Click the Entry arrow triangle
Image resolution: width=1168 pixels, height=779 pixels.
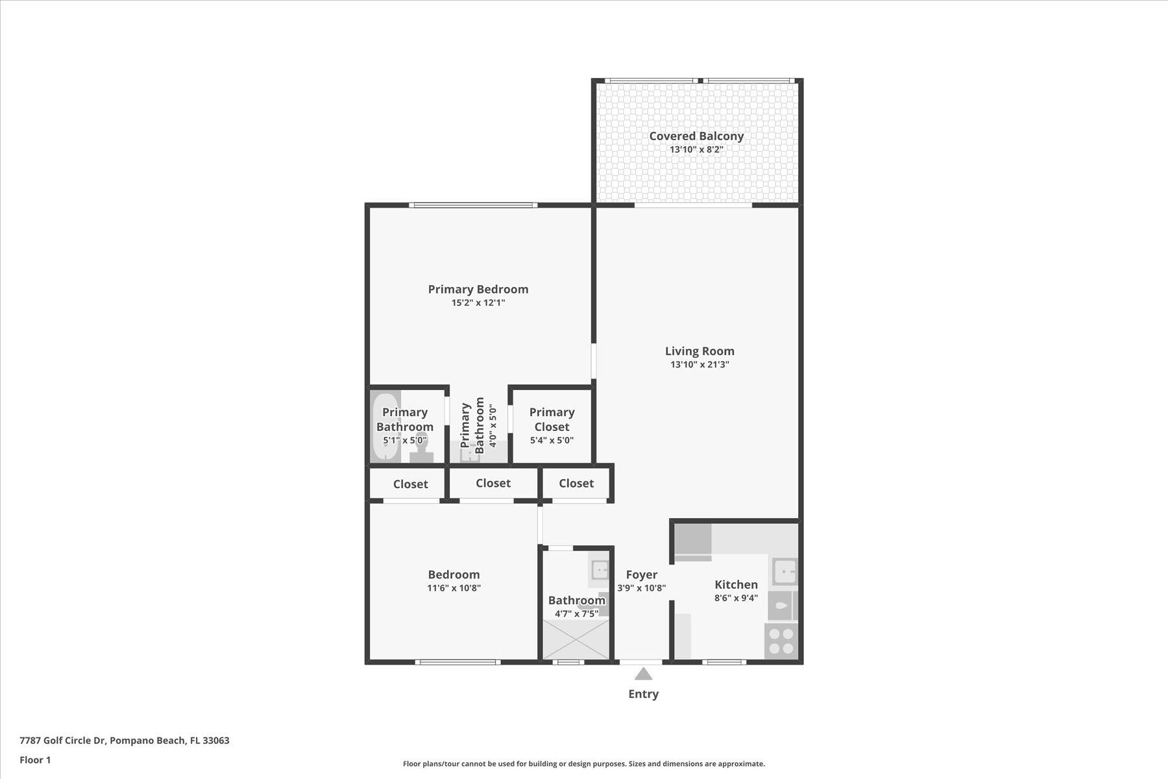pos(643,674)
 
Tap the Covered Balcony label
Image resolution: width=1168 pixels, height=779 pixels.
pos(696,136)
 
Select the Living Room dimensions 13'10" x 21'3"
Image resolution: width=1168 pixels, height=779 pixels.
pos(700,365)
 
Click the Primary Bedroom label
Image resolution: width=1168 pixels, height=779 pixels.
pos(478,289)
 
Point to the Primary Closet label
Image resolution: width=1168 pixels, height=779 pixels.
pos(552,419)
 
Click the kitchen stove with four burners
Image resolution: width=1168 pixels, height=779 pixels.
pos(781,641)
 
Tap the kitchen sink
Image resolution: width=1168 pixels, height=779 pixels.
pos(785,572)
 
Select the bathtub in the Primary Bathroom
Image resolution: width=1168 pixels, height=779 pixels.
pos(385,426)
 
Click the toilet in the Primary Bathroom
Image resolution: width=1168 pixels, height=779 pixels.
pos(422,449)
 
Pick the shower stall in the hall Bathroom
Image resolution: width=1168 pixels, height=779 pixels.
pos(576,639)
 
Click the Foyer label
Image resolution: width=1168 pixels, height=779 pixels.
pos(642,575)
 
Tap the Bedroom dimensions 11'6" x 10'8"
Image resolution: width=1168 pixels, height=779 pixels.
pos(454,588)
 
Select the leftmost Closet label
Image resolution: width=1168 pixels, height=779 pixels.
pos(410,484)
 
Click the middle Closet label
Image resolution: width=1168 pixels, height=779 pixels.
pos(493,483)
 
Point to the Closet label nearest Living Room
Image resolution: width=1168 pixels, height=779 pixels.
pos(576,483)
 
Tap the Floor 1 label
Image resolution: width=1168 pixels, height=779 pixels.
pos(35,760)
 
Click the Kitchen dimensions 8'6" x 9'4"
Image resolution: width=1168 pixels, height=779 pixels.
pos(736,598)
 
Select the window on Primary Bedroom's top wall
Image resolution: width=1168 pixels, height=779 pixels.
pos(473,205)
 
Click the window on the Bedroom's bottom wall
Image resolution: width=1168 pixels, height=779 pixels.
pos(457,662)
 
